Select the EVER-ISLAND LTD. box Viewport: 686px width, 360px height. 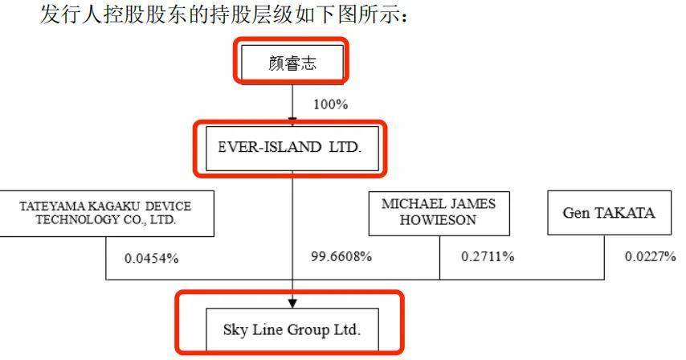[x=292, y=149]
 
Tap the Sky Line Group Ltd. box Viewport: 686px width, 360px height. [x=292, y=329]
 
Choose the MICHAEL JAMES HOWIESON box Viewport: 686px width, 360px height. [x=439, y=214]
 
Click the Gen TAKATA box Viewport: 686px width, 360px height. [x=609, y=213]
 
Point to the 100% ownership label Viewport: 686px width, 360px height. [x=330, y=104]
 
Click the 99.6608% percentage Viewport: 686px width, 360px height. [x=341, y=256]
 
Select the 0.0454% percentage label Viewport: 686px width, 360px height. [x=151, y=259]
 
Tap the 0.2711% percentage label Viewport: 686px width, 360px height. [x=488, y=256]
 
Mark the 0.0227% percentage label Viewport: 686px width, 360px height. [x=650, y=256]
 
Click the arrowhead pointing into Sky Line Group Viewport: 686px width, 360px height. [x=292, y=304]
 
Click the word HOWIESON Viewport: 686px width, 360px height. [x=438, y=220]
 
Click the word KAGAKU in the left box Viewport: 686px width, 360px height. [x=114, y=206]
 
